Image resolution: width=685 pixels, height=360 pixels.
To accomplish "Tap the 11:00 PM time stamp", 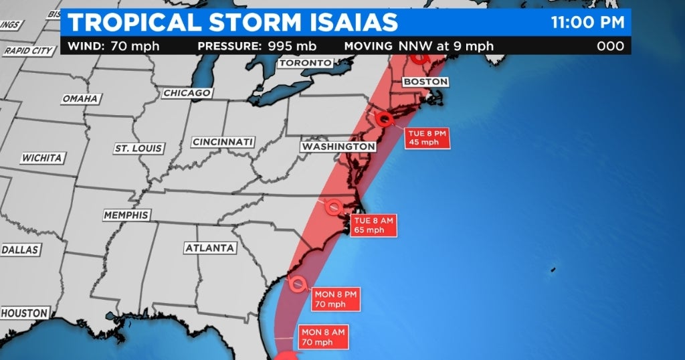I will pos(587,22).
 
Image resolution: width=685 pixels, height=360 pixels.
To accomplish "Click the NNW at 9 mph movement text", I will pos(446,46).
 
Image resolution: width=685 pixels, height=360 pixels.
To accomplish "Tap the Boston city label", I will pos(425,82).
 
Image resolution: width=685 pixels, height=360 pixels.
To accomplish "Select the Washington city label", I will pos(338,146).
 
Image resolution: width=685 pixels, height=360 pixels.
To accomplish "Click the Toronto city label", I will pos(304,63).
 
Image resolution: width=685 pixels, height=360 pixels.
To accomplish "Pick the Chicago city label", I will pos(187,93).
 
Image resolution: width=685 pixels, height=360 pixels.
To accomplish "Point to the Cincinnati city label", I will pos(223,142).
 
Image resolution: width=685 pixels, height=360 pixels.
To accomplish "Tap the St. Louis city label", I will pos(138,148).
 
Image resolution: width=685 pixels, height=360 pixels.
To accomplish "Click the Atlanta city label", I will pos(210,248).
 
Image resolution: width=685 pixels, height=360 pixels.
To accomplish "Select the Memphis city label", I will pos(126,215).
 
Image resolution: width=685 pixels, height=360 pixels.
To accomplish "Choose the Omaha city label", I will pos(80,98).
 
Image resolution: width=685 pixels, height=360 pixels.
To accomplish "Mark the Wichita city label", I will pos(42,158).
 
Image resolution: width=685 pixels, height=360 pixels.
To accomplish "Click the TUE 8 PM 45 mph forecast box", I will pos(426,138).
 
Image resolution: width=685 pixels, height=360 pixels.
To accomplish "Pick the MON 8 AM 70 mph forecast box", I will pos(324,337).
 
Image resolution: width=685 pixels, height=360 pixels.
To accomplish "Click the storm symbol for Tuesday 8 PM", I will pos(384,120).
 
